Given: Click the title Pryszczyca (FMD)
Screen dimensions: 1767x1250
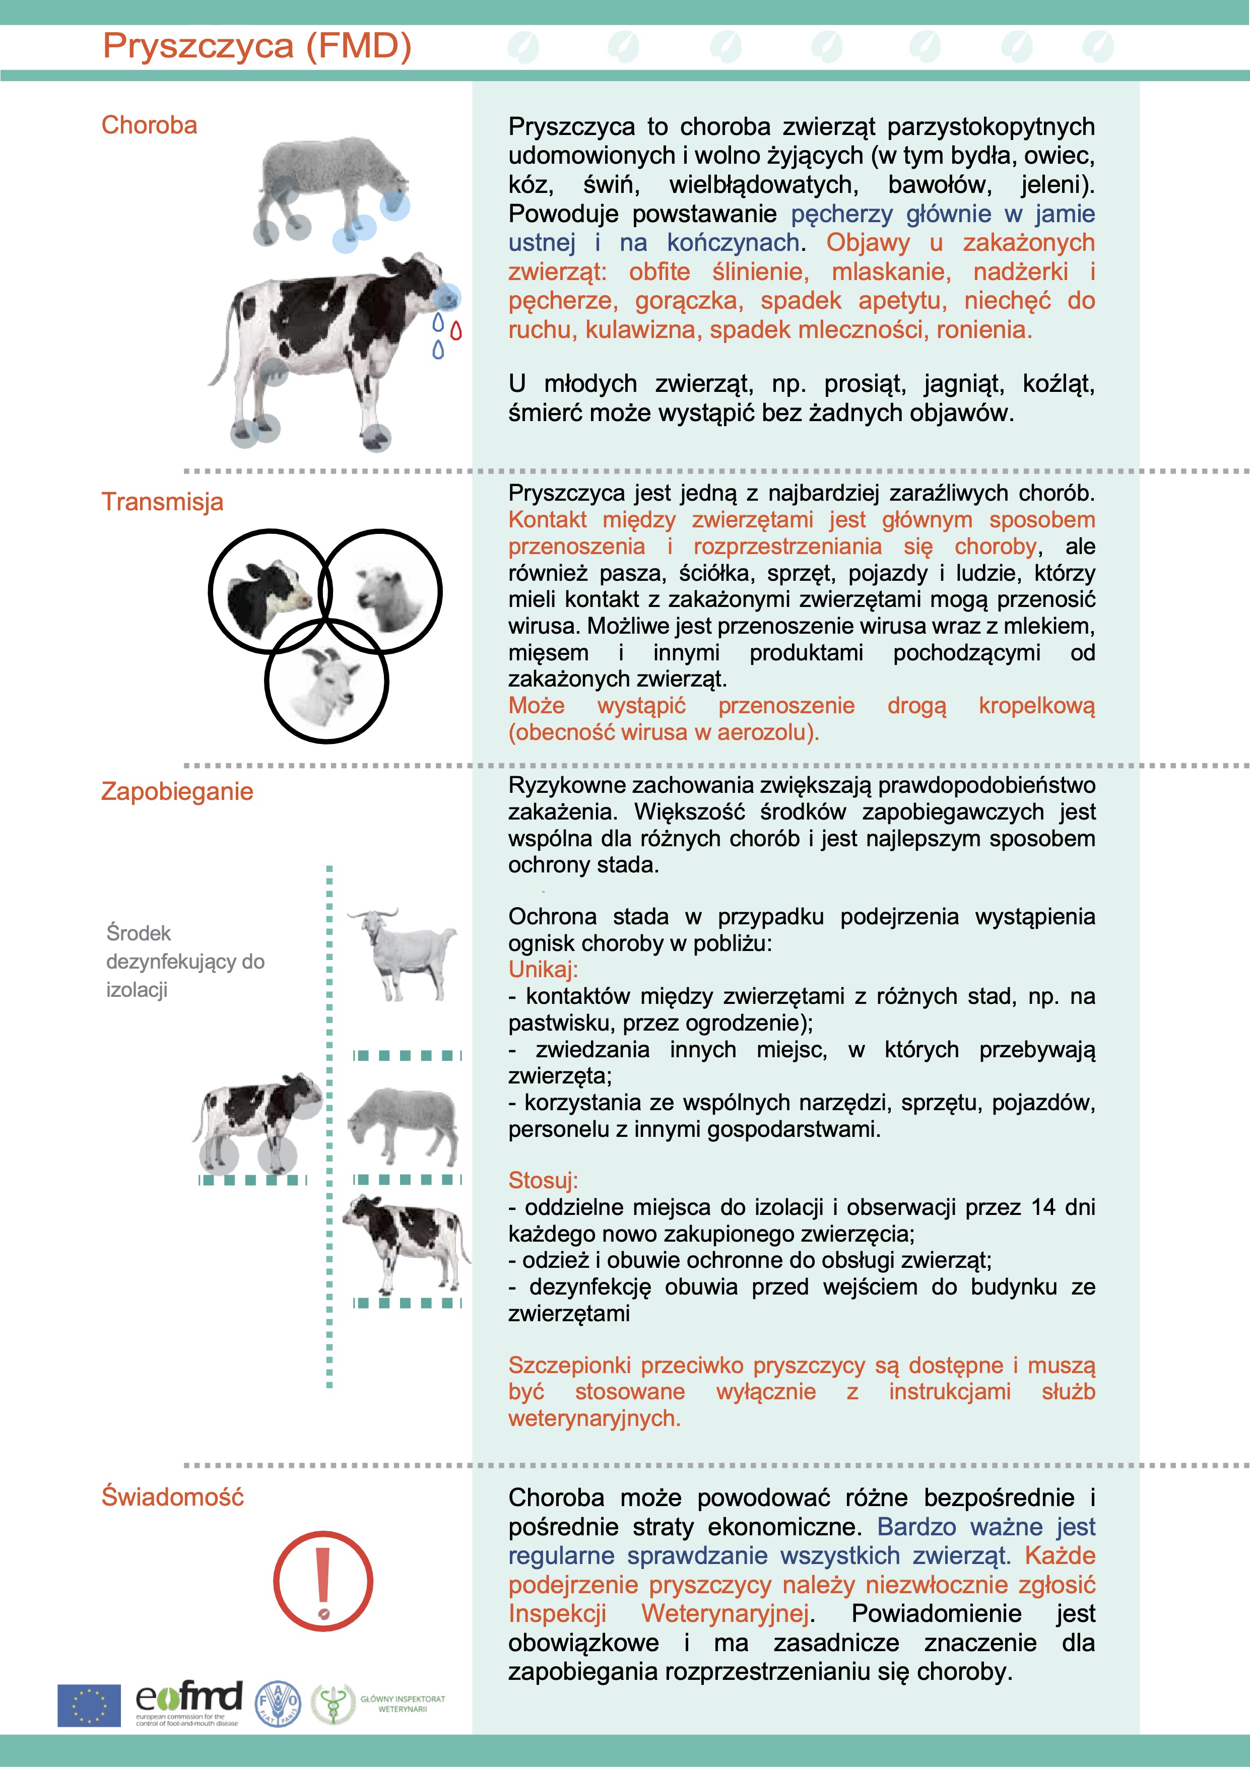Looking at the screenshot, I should [257, 46].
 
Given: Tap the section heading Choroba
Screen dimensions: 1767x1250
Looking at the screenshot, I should [149, 125].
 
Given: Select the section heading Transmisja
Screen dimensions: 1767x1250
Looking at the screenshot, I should [162, 502].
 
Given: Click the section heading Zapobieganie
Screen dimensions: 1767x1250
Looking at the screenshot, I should [177, 791].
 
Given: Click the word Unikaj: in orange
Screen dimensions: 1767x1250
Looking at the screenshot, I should [543, 970].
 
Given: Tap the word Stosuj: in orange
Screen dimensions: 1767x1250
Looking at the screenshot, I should [543, 1181].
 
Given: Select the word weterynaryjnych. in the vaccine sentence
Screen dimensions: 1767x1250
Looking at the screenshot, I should [594, 1418].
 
